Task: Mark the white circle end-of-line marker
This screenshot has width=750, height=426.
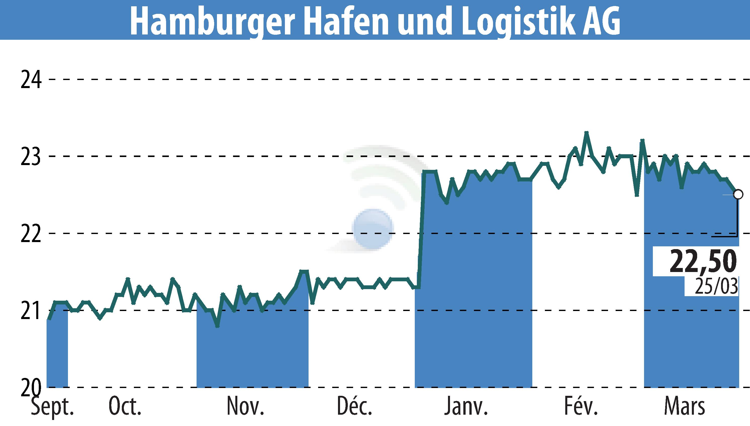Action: click(738, 194)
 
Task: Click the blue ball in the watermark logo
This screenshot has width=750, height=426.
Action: click(373, 228)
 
